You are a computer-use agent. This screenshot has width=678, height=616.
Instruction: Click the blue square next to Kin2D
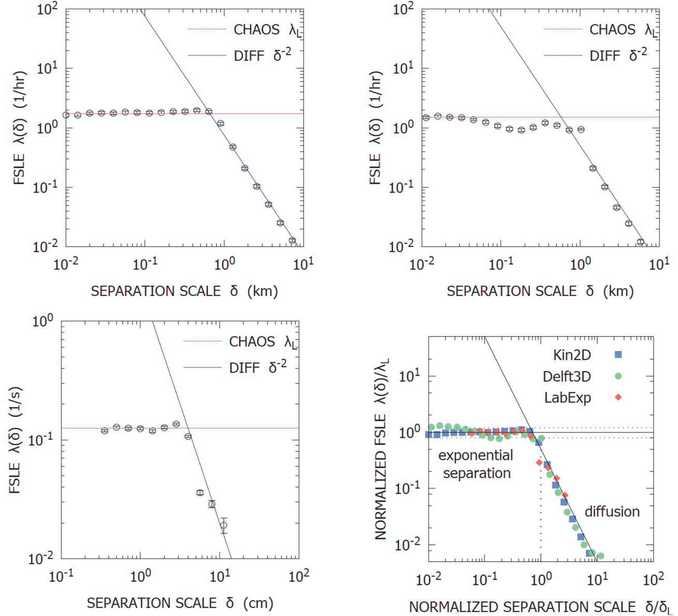coord(618,355)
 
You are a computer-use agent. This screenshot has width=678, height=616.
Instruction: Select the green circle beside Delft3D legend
coord(618,376)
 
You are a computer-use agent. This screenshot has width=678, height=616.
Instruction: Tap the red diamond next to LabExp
coord(618,397)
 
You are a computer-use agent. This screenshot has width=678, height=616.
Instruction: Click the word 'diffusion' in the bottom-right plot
coord(612,511)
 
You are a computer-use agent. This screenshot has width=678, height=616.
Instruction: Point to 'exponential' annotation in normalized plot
coord(476,455)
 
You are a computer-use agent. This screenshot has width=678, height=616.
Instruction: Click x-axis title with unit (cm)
coord(180,603)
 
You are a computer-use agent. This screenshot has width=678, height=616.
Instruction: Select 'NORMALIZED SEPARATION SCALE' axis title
coord(522,607)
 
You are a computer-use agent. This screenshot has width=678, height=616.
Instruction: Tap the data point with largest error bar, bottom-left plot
coord(224,525)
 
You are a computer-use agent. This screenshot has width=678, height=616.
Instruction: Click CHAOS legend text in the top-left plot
coord(256,29)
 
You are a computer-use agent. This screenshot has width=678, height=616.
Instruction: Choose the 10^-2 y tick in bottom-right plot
coord(406,545)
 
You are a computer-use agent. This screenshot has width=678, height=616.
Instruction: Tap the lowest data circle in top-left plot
coord(292,240)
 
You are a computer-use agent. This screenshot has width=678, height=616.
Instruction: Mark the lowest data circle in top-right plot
coord(641,242)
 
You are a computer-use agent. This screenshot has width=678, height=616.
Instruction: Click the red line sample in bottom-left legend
coord(202,341)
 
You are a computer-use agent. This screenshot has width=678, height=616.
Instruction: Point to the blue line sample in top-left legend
coord(207,56)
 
